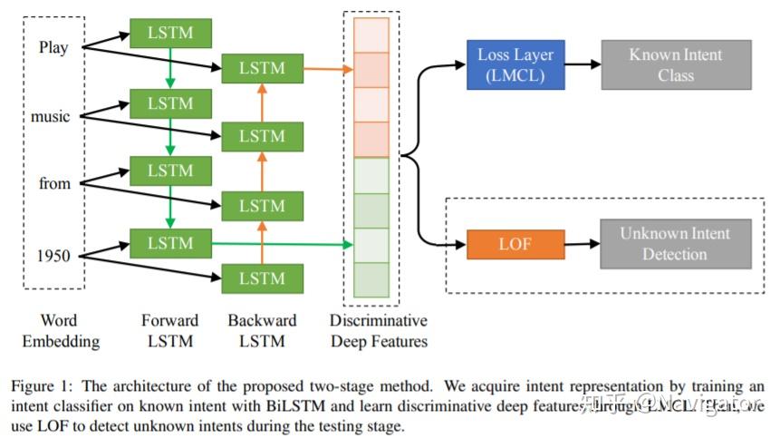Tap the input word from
[54, 183]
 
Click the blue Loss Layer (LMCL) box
[515, 64]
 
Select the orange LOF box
[515, 244]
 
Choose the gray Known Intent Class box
[676, 64]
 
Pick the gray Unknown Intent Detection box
[675, 244]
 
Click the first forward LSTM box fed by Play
[170, 34]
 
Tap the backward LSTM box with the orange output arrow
[262, 67]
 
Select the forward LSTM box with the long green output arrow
[170, 242]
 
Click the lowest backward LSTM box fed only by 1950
[262, 277]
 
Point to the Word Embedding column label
[59, 331]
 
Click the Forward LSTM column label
[169, 331]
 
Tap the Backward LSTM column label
[262, 331]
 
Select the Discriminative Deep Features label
[379, 331]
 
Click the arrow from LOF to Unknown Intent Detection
[582, 244]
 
